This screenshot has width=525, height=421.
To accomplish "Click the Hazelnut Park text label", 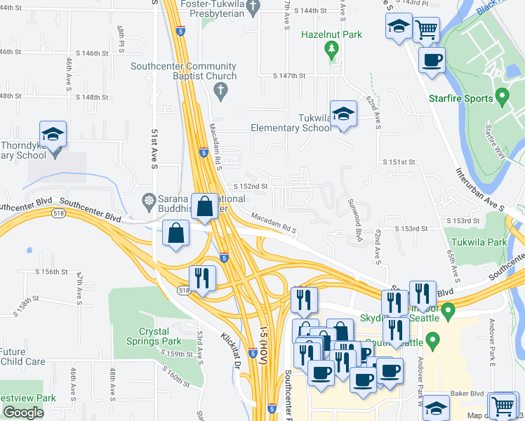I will coord(331,34).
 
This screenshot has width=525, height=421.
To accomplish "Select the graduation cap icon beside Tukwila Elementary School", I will coord(343,113).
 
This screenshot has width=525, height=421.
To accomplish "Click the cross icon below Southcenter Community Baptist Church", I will coord(220,90).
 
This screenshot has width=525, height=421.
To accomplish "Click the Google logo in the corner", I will coord(23,413).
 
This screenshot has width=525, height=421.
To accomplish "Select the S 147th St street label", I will coord(290,75).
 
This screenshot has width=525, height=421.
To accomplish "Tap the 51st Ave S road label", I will coord(153,147).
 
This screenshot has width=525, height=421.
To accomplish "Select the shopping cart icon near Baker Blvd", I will coord(501,406).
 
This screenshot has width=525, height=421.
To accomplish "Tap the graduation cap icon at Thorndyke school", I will coord(53,134).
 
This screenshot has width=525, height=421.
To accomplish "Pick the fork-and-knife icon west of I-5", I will coord(202,278).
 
